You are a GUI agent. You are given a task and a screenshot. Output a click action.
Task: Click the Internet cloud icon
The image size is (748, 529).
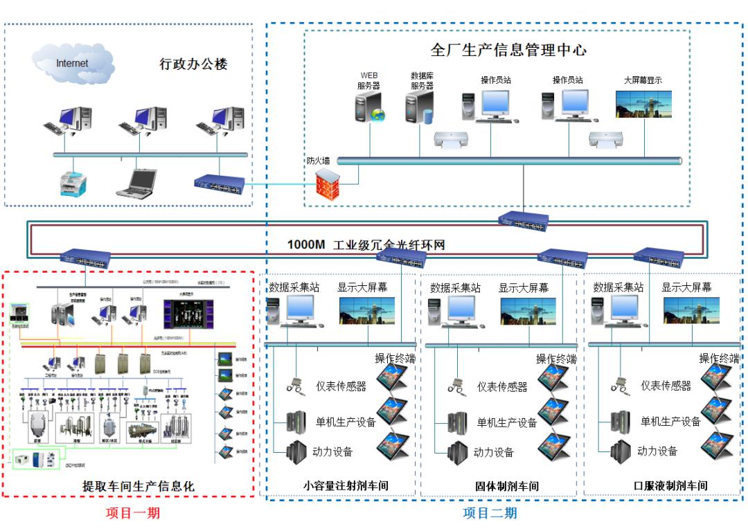click(x=73, y=64)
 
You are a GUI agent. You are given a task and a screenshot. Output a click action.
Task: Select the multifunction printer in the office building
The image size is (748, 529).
click(x=73, y=182)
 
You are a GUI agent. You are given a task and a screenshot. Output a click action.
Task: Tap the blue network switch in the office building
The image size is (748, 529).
click(x=220, y=183)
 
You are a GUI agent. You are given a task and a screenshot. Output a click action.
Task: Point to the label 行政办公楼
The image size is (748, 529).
click(x=193, y=64)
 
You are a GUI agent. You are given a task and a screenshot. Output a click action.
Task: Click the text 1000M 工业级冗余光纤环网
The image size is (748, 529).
click(x=366, y=244)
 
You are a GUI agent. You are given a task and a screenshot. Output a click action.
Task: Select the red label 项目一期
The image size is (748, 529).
click(x=132, y=513)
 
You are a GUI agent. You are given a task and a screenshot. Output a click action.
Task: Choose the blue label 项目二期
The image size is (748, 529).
click(x=490, y=513)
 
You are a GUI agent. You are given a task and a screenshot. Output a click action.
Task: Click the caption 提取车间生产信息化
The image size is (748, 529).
click(x=139, y=486)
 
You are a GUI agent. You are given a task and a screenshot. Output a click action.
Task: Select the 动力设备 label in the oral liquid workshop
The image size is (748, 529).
click(x=657, y=451)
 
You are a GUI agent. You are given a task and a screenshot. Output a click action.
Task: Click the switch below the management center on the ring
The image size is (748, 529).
click(x=523, y=220)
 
